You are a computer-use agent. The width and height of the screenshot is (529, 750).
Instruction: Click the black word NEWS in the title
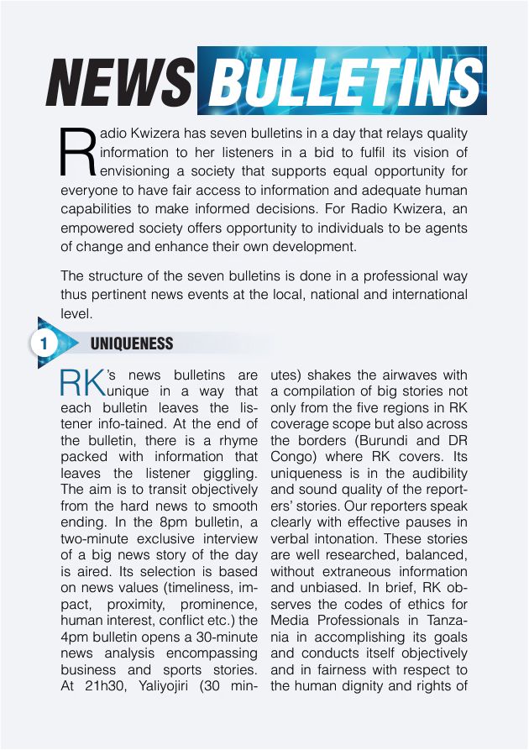[120, 86]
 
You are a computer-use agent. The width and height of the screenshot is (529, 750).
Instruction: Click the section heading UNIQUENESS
[132, 344]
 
